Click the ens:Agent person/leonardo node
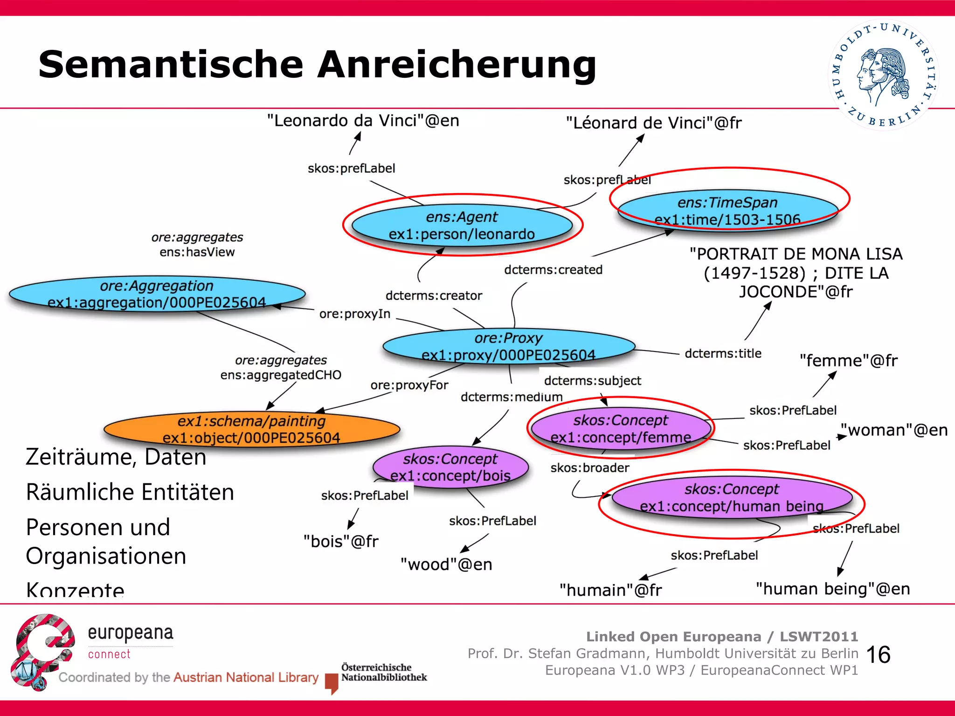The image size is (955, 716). (462, 226)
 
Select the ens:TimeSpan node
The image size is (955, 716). (727, 211)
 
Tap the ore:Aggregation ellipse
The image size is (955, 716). (157, 294)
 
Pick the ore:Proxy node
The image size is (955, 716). (508, 346)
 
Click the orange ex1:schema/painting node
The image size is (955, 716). (251, 429)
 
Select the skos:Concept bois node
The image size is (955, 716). (450, 467)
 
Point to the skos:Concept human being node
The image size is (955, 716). (732, 497)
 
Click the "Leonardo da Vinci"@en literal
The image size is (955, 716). (363, 121)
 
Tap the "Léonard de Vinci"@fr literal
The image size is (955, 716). (654, 123)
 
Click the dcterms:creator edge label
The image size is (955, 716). (434, 296)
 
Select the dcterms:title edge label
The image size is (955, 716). (723, 353)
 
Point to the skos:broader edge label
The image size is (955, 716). (590, 468)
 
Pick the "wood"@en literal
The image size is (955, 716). (446, 565)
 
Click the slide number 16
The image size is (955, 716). (879, 654)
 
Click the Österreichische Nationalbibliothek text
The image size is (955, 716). (383, 672)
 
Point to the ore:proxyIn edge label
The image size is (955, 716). (354, 314)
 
